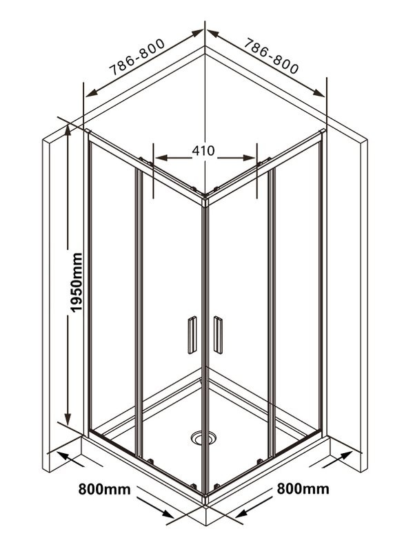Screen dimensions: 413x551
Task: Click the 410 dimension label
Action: tap(203, 151)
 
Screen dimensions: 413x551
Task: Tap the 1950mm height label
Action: tap(76, 282)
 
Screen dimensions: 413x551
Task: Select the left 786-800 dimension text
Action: tap(137, 57)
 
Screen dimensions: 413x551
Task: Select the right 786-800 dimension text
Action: tap(271, 56)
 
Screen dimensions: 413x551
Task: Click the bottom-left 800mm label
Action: tap(104, 489)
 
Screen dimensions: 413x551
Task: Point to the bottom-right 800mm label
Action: tap(303, 489)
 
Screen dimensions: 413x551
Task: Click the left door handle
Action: tap(192, 335)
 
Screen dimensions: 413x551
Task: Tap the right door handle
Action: tap(218, 335)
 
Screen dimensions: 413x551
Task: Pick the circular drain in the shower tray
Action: tap(203, 437)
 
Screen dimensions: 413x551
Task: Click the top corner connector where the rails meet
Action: tap(205, 201)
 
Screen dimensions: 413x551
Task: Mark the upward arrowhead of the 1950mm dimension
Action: tap(68, 131)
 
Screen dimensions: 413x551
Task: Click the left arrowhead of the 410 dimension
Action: tap(161, 158)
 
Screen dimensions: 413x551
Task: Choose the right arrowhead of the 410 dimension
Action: tap(249, 158)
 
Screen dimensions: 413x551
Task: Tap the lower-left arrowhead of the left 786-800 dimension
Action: tap(91, 93)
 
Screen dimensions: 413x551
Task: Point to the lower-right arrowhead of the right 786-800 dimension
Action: tap(319, 93)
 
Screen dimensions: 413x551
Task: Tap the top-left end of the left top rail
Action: tap(88, 132)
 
